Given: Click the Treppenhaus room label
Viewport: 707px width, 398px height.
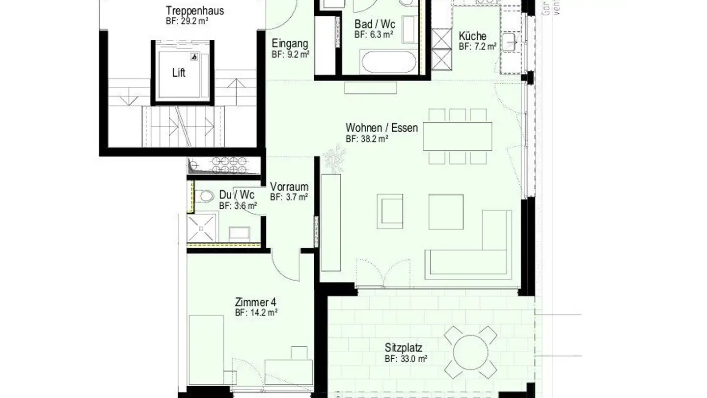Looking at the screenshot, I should (x=188, y=11).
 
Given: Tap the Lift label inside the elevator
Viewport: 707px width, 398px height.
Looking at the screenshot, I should (x=179, y=73).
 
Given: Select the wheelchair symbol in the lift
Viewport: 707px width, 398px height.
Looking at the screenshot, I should (x=194, y=57).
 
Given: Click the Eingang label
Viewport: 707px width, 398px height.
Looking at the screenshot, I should (x=290, y=43).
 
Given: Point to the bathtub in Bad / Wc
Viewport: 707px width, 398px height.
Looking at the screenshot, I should (x=388, y=61).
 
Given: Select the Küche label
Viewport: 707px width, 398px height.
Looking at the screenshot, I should (x=472, y=36).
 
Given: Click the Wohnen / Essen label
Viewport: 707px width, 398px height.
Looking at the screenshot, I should (x=381, y=128).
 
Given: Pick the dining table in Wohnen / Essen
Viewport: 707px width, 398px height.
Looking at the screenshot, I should (x=458, y=136).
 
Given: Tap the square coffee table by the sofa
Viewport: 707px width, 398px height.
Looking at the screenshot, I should (x=446, y=212).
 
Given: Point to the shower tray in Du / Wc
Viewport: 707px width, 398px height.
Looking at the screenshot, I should (x=202, y=227).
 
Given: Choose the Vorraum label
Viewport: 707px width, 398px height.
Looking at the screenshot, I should (x=289, y=187).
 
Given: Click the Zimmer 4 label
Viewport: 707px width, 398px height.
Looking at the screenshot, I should (x=252, y=302).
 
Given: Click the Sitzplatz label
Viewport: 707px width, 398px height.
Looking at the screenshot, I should (x=403, y=348).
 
